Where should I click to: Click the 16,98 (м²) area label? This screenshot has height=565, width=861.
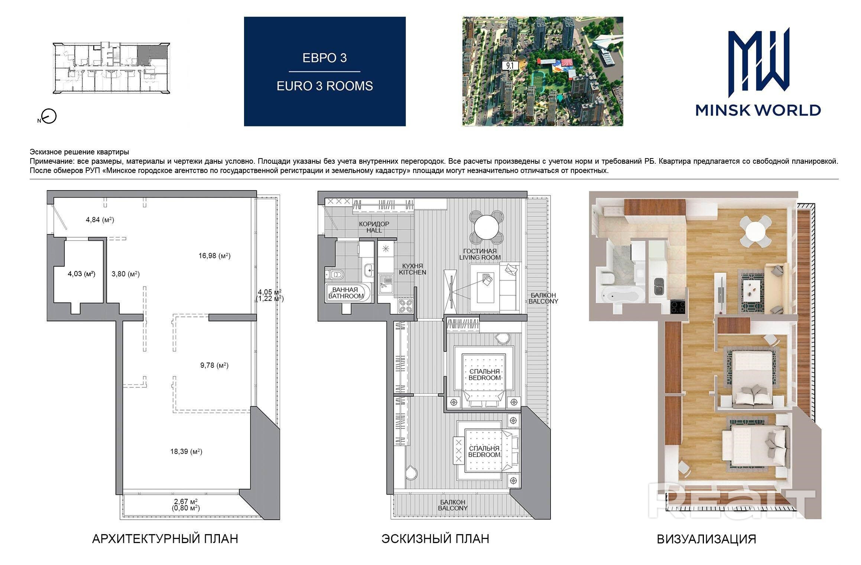215,256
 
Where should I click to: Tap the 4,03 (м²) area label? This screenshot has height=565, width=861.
81,274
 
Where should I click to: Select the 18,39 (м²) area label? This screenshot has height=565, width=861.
186,451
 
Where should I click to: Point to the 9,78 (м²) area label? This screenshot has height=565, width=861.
214,365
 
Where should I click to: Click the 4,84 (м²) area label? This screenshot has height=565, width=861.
100,220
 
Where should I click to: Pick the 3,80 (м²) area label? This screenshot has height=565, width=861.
126,274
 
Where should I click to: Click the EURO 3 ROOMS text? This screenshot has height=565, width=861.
325,86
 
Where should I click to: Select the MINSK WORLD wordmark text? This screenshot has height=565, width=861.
758,110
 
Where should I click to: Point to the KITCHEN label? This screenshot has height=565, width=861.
413,272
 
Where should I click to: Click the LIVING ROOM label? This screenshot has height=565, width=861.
480,257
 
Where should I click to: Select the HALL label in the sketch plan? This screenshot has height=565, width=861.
374,230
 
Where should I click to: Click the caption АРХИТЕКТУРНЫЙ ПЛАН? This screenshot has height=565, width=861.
165,539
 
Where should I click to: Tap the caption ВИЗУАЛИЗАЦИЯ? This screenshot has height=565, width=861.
706,539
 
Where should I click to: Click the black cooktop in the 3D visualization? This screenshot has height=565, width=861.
678,307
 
